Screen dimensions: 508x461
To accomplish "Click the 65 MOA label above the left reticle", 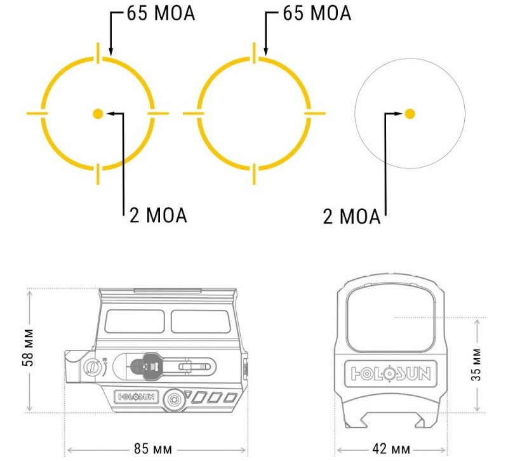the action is [x=161, y=13].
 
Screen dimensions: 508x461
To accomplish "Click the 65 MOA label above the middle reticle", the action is [x=317, y=13].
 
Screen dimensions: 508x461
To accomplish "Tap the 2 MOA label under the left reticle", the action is [x=158, y=215].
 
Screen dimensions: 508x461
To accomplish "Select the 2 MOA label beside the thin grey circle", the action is [x=352, y=217].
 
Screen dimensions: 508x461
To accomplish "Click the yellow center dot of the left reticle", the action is [x=98, y=114].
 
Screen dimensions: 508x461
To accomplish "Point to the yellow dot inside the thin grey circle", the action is [x=410, y=114].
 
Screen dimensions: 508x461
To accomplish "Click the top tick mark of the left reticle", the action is [x=98, y=52].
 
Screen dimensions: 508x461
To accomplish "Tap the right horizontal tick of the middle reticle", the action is [x=315, y=114].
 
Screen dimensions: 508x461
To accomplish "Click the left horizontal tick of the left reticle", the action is [x=37, y=114].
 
